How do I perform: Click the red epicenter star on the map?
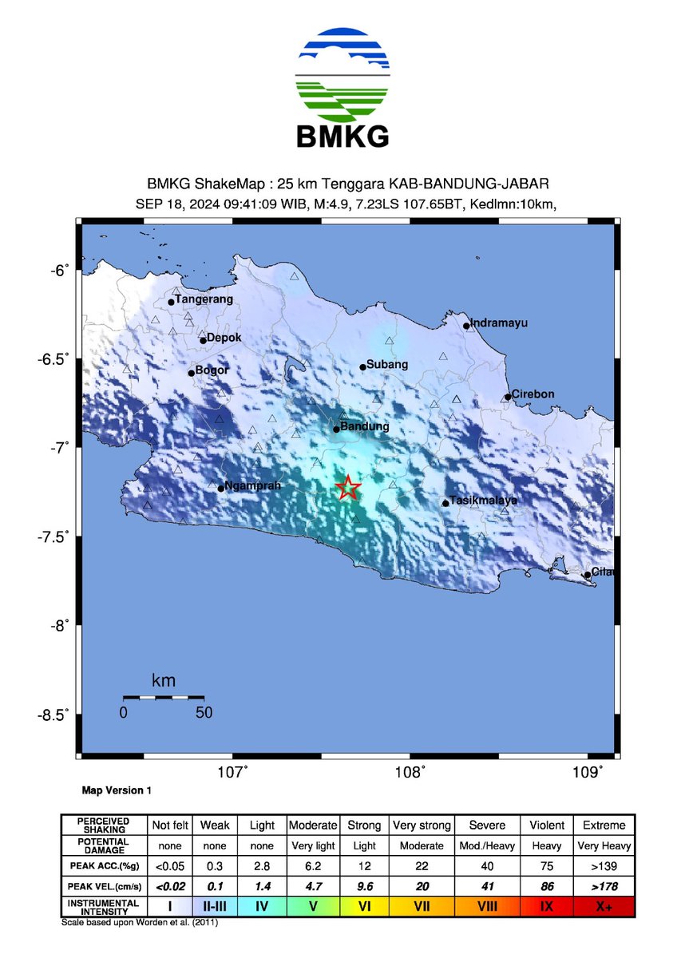[348, 487]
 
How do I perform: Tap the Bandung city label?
[365, 427]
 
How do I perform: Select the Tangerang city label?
[204, 299]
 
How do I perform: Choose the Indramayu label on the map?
[499, 323]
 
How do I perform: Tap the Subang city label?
[387, 365]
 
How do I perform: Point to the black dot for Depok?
[203, 341]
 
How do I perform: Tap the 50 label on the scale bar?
[204, 713]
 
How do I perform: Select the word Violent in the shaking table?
[548, 825]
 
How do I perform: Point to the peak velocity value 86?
[548, 886]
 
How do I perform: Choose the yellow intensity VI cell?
[363, 907]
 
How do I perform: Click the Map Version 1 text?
[117, 790]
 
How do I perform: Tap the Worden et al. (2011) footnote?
[139, 923]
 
